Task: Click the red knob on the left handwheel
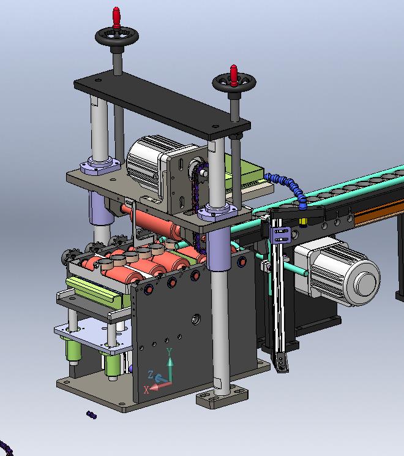pyautogui.click(x=116, y=17)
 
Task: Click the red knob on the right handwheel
pyautogui.click(x=234, y=75)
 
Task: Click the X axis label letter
pyautogui.click(x=146, y=390)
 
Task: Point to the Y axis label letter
pyautogui.click(x=170, y=352)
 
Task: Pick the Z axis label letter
pyautogui.click(x=151, y=374)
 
